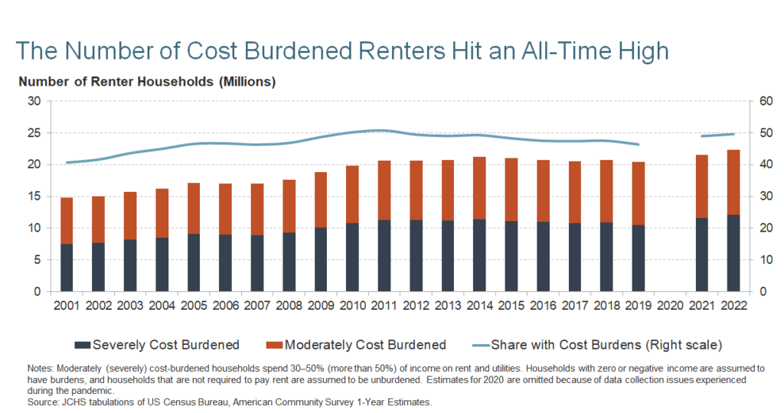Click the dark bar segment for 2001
pyautogui.click(x=67, y=268)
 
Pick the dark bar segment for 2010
pyautogui.click(x=352, y=257)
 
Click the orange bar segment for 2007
pyautogui.click(x=257, y=209)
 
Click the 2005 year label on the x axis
pyautogui.click(x=194, y=305)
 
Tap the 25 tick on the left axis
pyautogui.click(x=35, y=133)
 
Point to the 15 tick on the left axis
pyautogui.click(x=35, y=197)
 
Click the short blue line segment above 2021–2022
pyautogui.click(x=717, y=135)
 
